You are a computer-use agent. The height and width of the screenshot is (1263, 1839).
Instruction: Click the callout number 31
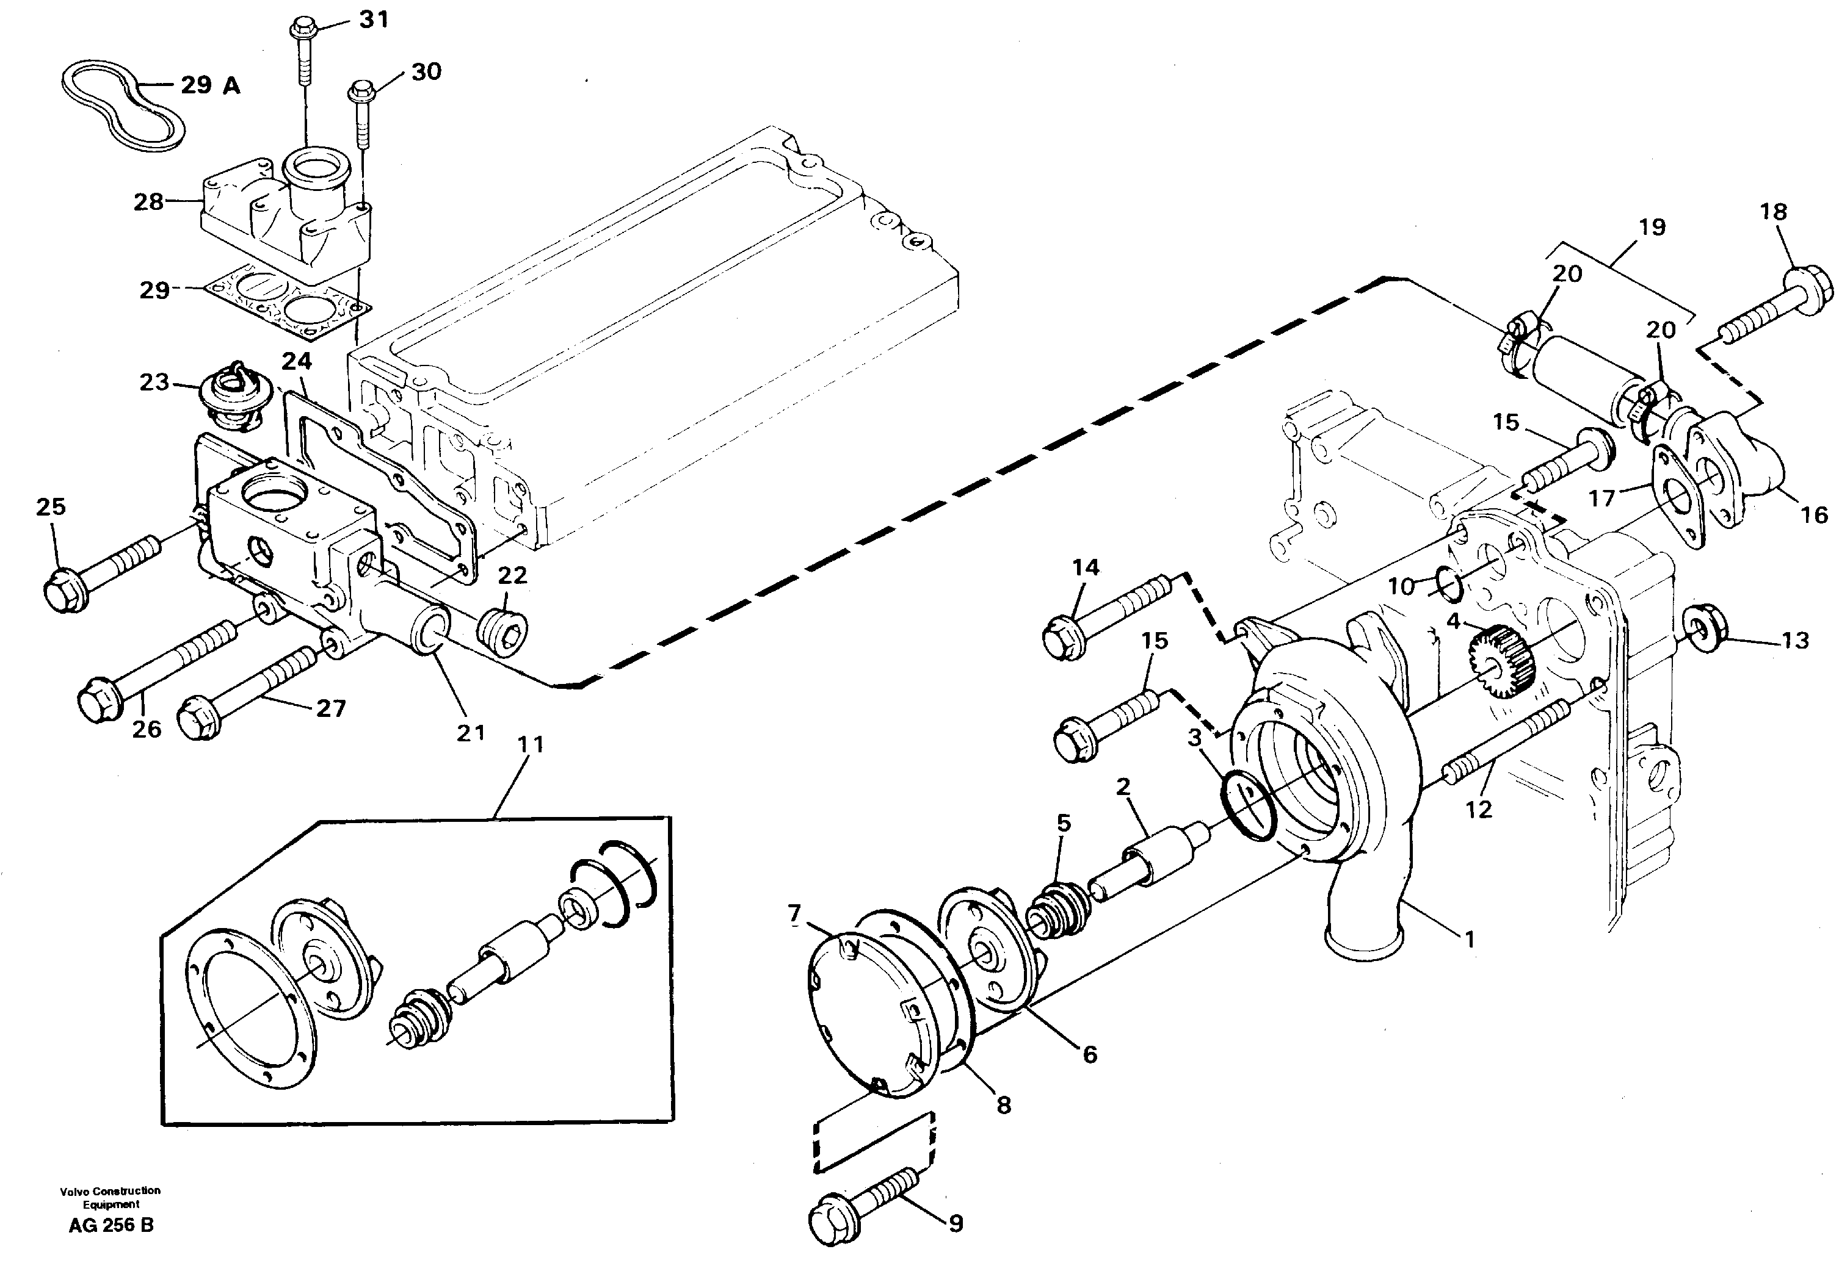coord(374,19)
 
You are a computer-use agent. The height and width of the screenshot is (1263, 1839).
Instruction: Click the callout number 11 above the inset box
coord(531,744)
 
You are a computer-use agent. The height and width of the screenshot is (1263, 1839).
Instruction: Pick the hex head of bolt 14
coord(1063,633)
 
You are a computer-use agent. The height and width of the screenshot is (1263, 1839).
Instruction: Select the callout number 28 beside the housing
coord(148,202)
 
